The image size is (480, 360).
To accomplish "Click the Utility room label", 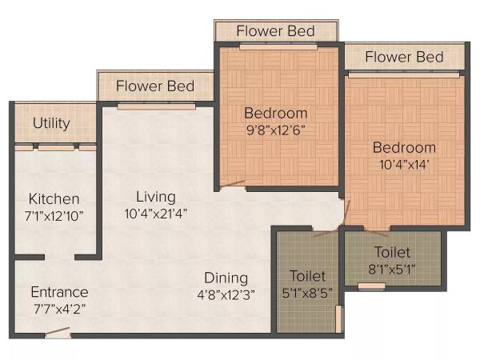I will click(51, 124).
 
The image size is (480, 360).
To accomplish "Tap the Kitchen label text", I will click(54, 198).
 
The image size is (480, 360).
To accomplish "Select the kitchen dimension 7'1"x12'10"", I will click(54, 215).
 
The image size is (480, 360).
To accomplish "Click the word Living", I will click(155, 196).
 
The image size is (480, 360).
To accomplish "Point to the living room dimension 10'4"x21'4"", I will click(155, 214).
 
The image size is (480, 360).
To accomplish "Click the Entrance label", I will click(59, 292).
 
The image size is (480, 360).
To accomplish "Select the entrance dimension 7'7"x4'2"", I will click(59, 309).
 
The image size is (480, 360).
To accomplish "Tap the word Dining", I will click(226, 277).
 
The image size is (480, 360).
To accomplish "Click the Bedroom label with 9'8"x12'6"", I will click(275, 112).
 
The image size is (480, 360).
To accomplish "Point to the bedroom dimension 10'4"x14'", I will click(403, 165).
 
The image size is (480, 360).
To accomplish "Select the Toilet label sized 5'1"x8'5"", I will click(309, 276).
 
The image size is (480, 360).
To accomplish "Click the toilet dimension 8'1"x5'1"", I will click(392, 268).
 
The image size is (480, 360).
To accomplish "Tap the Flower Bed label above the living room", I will click(156, 86).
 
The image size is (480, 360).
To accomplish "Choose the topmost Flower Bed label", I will click(276, 30).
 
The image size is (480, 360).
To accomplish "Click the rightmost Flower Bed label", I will click(404, 57).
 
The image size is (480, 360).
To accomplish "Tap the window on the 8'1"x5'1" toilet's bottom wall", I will click(370, 286).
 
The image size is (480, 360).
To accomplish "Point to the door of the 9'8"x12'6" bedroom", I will click(232, 184).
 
